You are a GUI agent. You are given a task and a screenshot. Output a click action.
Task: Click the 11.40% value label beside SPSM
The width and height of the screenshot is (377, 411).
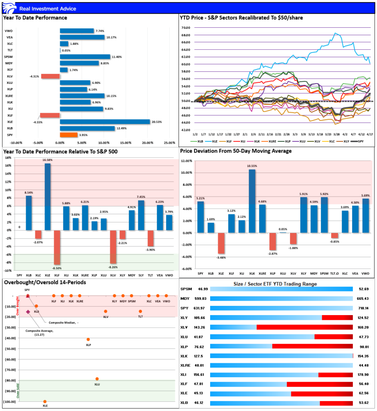click(117, 57)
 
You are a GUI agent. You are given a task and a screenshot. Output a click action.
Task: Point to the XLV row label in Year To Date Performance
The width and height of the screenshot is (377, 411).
click(9, 76)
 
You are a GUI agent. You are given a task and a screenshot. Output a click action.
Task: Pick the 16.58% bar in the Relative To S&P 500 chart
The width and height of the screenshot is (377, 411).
click(47, 197)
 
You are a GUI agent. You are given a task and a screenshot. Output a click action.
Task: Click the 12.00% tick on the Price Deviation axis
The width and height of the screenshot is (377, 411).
click(187, 161)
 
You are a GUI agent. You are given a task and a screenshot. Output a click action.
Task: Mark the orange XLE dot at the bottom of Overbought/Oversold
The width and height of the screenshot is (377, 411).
click(45, 401)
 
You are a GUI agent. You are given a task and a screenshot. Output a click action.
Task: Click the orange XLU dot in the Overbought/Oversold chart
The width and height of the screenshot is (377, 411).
click(97, 378)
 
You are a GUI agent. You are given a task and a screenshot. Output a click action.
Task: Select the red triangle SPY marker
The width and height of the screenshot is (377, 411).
click(28, 296)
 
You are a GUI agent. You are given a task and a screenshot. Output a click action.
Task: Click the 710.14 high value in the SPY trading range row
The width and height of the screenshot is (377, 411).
click(363, 308)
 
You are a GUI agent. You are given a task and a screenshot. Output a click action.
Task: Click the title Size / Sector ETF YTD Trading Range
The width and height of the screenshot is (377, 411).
click(275, 284)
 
